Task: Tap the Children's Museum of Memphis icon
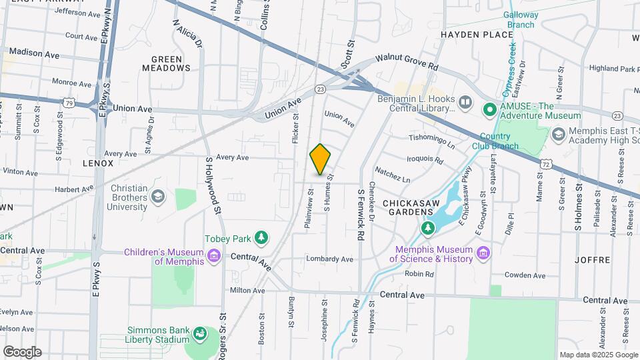214,256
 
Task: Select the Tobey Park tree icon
262,237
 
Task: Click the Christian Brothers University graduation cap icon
158,196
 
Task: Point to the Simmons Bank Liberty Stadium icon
199,333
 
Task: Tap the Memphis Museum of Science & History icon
483,253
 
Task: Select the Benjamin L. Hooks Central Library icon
465,103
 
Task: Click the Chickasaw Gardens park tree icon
427,229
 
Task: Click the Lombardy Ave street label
329,259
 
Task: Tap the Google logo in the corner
22,351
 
